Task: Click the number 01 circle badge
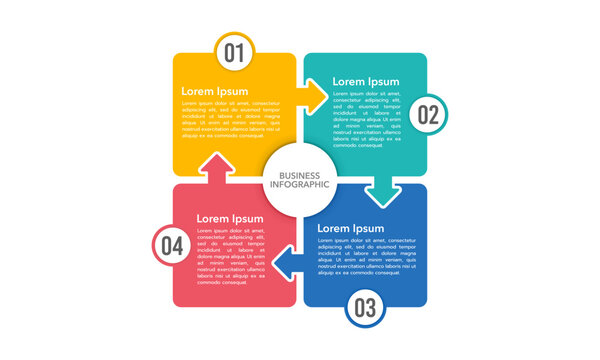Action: coord(234,53)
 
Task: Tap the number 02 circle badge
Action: coord(428,115)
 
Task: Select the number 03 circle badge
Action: coord(365,308)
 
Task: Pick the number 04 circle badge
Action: coord(172,245)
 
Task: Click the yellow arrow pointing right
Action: coord(314,97)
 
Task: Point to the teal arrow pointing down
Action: coord(381,190)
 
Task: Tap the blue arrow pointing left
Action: coord(288,262)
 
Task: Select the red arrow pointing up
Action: coord(218,167)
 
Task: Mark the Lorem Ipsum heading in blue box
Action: coord(350,229)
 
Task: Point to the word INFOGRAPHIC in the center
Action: coord(299,184)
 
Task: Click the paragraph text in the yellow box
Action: coord(230,119)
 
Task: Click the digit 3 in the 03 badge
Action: coord(371,308)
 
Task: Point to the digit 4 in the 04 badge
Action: coord(178,245)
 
